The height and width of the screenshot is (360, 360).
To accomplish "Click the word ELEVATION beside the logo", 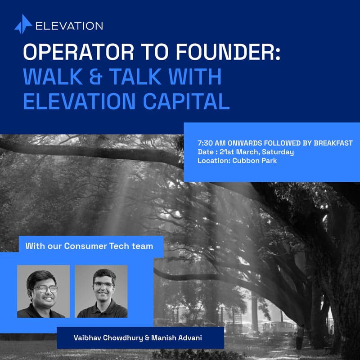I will click(x=69, y=26).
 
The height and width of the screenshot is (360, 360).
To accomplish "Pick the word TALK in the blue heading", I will click(x=144, y=77).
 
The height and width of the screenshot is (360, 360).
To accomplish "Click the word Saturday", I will click(x=277, y=152).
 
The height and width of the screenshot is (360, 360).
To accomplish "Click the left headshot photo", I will click(x=43, y=291).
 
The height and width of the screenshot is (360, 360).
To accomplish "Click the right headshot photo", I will click(x=101, y=291).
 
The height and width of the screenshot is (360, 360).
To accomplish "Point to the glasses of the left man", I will click(x=44, y=289).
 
